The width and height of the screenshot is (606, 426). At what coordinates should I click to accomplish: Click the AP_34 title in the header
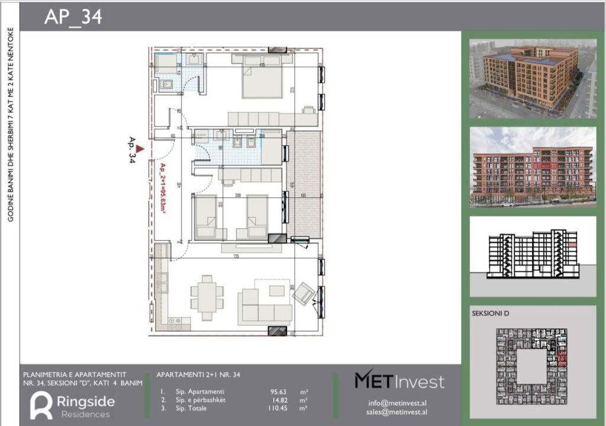pyautogui.click(x=73, y=17)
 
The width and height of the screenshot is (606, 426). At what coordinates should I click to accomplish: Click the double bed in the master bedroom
pyautogui.click(x=262, y=77)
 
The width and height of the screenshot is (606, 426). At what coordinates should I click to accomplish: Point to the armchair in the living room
pyautogui.click(x=305, y=293)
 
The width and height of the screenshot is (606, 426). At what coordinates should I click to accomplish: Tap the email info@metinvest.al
pyautogui.click(x=398, y=403)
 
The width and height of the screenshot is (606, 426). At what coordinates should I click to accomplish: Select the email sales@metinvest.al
pyautogui.click(x=397, y=412)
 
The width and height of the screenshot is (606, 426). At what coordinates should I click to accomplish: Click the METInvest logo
pyautogui.click(x=399, y=381)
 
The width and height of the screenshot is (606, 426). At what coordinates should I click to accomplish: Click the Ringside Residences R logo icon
pyautogui.click(x=41, y=405)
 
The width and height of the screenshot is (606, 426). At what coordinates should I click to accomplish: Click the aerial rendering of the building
pyautogui.click(x=533, y=79)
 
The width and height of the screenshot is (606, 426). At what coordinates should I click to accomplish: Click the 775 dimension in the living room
pyautogui.click(x=236, y=256)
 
